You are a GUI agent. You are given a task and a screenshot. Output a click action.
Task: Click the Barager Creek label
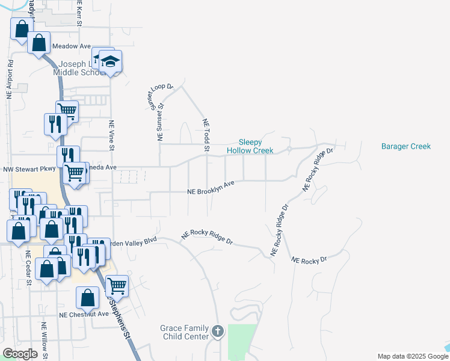point(415,146)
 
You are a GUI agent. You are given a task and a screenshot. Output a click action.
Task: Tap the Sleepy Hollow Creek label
point(250,146)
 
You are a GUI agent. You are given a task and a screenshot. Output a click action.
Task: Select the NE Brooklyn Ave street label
point(211,188)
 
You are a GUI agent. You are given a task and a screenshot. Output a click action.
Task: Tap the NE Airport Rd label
point(10,79)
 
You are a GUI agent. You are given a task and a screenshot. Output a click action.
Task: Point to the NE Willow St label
point(45,340)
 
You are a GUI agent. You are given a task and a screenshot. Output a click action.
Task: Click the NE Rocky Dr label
point(308,260)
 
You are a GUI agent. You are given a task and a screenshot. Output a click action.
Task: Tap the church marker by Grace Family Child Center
point(218,330)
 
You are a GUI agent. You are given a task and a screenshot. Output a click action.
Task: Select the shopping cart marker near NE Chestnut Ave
point(116,285)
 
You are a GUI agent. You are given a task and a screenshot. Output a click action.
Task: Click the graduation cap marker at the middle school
point(110,61)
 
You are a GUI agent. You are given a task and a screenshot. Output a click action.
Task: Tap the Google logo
point(20,354)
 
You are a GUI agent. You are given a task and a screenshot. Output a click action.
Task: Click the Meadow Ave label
point(71,46)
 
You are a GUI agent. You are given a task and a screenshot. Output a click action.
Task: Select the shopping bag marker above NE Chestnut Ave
point(88,297)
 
